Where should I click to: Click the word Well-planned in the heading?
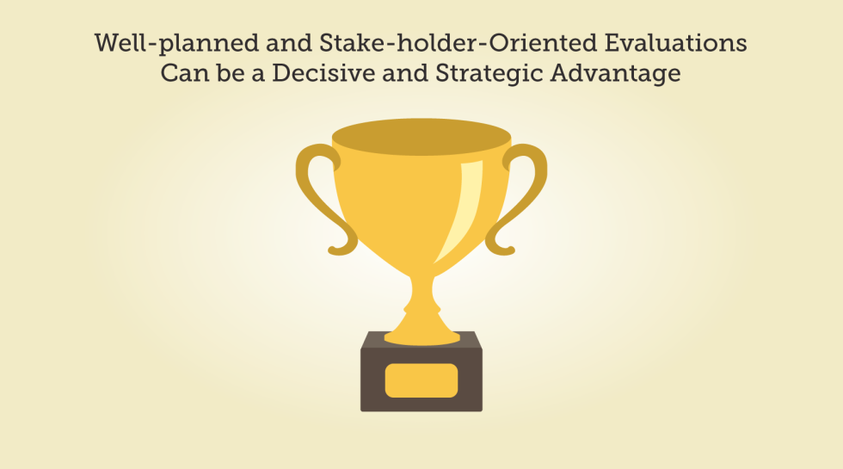tap(177, 44)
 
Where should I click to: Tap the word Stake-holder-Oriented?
tap(458, 42)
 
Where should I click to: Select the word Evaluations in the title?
tap(676, 42)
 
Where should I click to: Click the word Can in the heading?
tap(185, 73)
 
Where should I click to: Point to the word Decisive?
tap(323, 73)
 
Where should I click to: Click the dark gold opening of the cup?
tap(421, 137)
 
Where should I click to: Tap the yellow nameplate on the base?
tap(421, 380)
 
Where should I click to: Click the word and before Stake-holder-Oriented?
tap(289, 43)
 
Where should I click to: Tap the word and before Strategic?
tap(405, 73)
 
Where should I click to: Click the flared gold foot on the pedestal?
tap(422, 335)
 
